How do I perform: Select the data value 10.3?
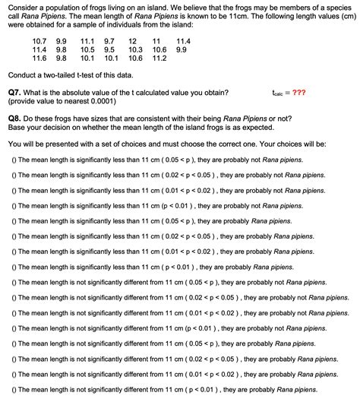pyautogui.click(x=136, y=49)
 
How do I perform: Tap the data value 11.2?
pyautogui.click(x=159, y=58)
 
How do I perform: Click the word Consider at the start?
pyautogui.click(x=22, y=6)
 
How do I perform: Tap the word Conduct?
pyautogui.click(x=22, y=75)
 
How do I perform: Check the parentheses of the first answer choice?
pyautogui.click(x=14, y=160)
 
